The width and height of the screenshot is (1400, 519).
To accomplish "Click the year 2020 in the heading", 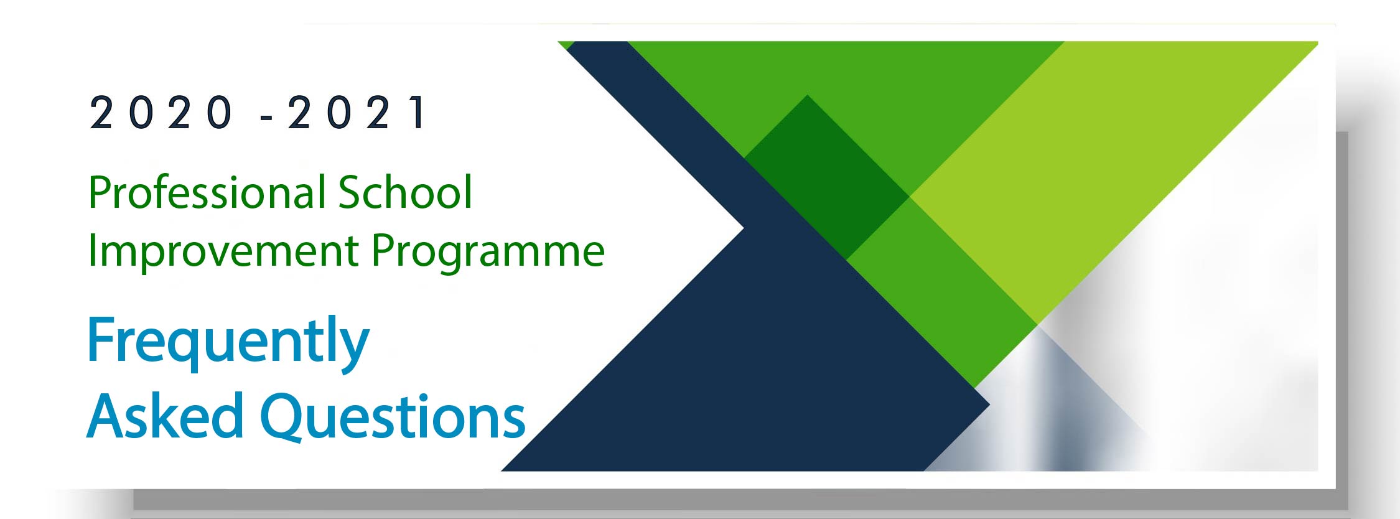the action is (x=161, y=113).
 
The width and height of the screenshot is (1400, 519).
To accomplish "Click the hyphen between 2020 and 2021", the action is (x=268, y=116).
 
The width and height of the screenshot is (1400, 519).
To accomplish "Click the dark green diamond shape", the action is (x=827, y=177).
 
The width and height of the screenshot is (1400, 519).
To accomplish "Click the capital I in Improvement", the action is (x=91, y=251).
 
